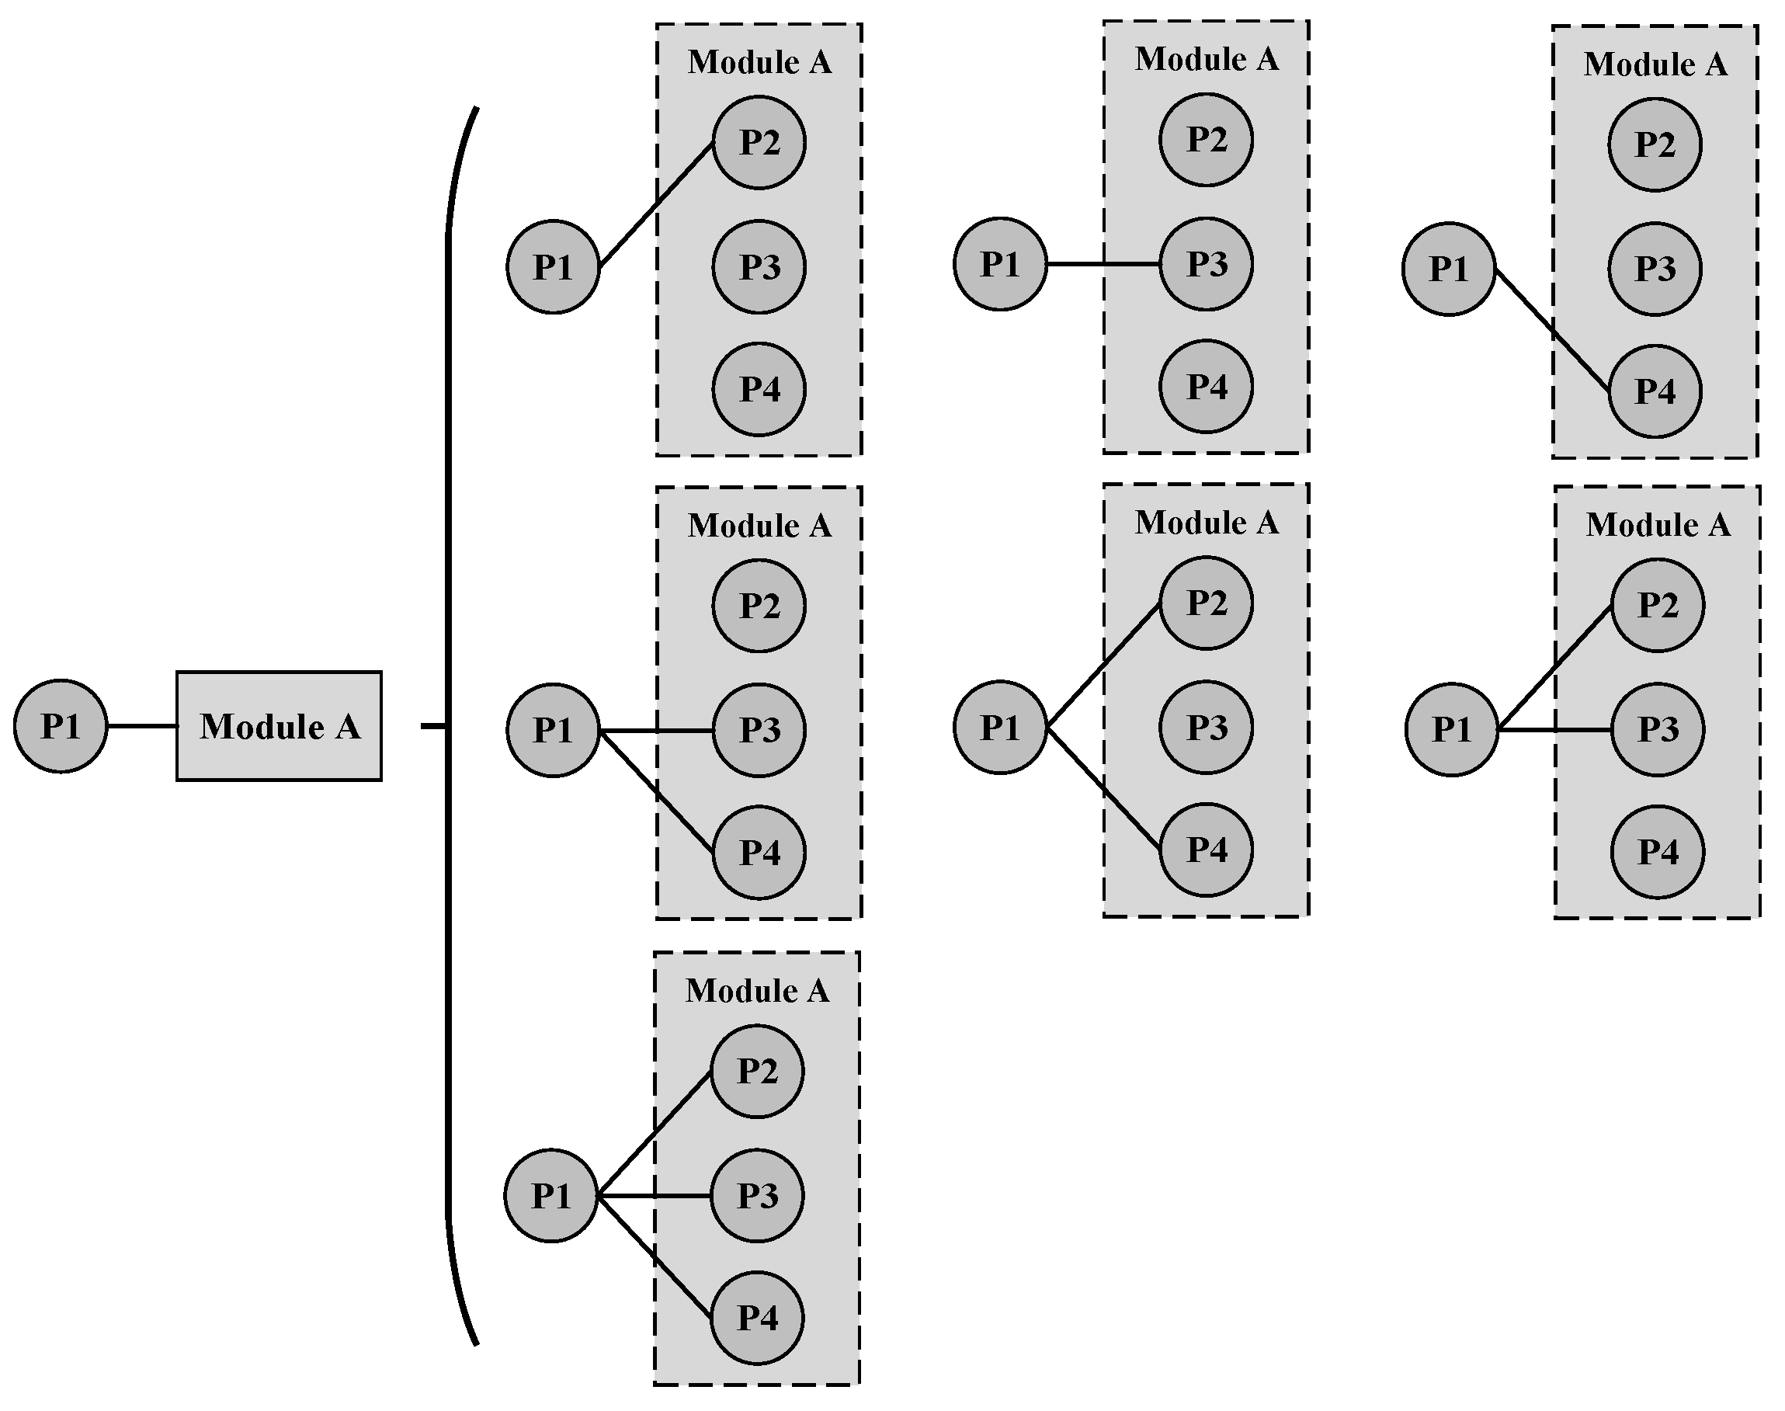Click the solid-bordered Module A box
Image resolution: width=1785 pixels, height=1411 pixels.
279,725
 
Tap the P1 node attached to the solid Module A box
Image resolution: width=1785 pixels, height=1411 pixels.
61,725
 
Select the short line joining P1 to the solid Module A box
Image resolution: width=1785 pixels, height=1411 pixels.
141,726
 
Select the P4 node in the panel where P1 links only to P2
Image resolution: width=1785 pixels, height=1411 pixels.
759,389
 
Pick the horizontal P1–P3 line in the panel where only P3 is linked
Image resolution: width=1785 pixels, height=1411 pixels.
1103,264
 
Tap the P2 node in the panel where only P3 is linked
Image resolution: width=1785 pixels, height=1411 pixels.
1206,140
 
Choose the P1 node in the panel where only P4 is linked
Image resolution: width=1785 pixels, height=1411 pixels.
1448,269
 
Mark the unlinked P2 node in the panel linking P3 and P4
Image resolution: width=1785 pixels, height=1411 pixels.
759,606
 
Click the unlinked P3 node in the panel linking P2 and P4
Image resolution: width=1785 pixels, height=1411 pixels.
1206,727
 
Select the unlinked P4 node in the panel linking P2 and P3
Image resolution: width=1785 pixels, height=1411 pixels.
1657,851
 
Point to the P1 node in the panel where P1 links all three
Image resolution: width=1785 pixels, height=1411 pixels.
550,1195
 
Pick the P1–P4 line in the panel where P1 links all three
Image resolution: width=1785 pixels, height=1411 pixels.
655,1256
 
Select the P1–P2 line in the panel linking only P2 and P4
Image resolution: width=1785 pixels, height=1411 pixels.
1103,666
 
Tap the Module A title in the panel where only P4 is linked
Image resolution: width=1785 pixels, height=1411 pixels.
1655,64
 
